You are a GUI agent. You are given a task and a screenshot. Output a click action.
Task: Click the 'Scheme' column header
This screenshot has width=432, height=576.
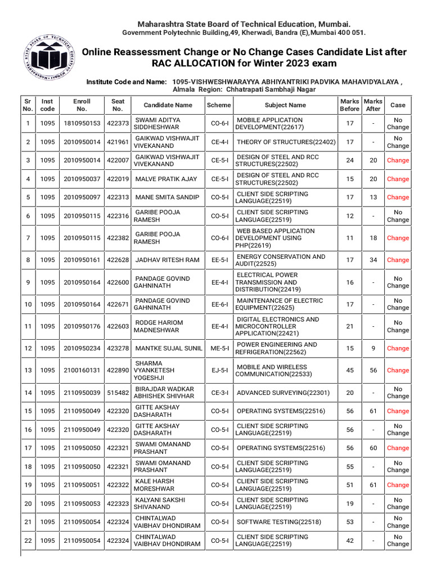pyautogui.click(x=219, y=105)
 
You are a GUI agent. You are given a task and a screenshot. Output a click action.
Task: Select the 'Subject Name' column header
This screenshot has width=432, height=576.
pyautogui.click(x=285, y=105)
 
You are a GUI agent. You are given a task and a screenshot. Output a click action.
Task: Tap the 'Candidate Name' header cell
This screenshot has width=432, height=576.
pyautogui.click(x=168, y=105)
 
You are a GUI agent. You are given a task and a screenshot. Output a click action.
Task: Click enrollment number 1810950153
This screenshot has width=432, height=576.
pyautogui.click(x=82, y=124)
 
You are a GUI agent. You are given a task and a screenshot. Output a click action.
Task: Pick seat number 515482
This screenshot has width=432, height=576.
pyautogui.click(x=118, y=393)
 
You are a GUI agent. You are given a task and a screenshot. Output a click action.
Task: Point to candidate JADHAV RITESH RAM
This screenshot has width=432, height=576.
pyautogui.click(x=168, y=260)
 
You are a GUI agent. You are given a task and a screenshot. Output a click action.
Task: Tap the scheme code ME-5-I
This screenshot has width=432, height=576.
pyautogui.click(x=219, y=349)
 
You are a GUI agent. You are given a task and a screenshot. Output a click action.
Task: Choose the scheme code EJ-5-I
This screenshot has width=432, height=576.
pyautogui.click(x=219, y=370)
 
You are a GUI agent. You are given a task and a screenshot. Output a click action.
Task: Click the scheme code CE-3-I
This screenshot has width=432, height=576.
pyautogui.click(x=219, y=393)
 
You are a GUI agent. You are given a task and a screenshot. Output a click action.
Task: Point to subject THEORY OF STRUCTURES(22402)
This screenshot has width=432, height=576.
pyautogui.click(x=286, y=142)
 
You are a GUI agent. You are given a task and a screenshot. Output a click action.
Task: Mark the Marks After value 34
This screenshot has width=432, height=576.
pyautogui.click(x=373, y=260)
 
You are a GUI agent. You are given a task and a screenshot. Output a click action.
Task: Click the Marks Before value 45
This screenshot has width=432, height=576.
pyautogui.click(x=350, y=370)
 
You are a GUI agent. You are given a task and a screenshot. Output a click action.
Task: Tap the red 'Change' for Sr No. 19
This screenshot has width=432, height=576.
pyautogui.click(x=398, y=485)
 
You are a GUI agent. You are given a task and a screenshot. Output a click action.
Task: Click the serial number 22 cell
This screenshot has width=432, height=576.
pyautogui.click(x=28, y=541)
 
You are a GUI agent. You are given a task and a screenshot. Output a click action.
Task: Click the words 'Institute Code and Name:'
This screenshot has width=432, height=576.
pyautogui.click(x=127, y=82)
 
